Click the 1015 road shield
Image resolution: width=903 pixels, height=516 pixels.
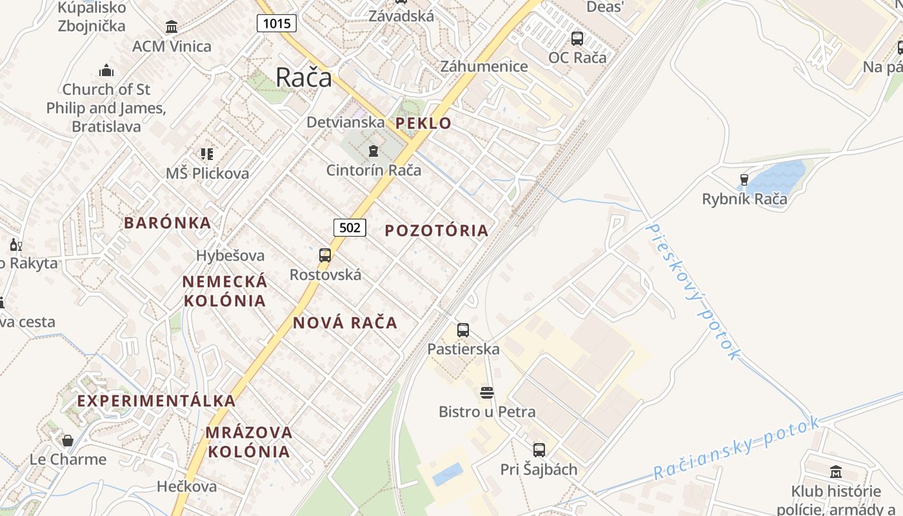click(277, 24)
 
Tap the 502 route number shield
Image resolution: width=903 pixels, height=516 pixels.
click(350, 227)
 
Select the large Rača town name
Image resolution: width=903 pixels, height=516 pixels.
click(304, 77)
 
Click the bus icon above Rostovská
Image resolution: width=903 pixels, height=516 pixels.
click(325, 255)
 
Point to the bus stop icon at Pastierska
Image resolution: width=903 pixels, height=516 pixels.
click(463, 330)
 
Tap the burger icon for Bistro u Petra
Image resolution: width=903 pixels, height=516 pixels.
click(487, 393)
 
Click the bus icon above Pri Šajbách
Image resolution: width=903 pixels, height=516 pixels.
click(539, 450)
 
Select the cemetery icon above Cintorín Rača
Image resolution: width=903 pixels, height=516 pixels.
click(373, 152)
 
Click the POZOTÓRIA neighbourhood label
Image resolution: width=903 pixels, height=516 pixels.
click(437, 230)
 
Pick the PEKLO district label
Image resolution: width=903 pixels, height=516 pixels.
click(423, 123)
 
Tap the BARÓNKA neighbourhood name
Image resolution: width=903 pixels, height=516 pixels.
click(167, 223)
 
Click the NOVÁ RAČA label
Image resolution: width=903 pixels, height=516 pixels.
click(345, 322)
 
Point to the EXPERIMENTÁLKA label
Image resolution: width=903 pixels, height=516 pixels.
click(157, 401)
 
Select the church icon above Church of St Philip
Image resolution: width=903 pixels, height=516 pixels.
click(106, 70)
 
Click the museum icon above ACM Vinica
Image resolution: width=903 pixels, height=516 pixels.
click(172, 27)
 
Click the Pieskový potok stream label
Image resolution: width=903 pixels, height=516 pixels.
click(693, 290)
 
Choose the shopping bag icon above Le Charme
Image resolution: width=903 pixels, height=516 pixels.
click(68, 441)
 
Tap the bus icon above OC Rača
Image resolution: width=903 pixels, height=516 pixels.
click(577, 39)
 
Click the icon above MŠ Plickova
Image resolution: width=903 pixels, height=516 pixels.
click(207, 154)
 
